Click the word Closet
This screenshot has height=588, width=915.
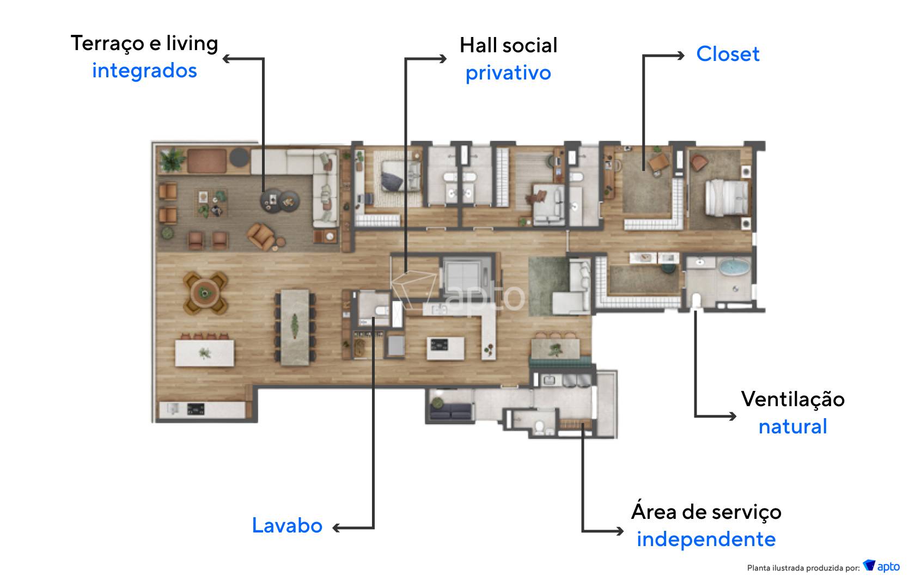pyautogui.click(x=728, y=54)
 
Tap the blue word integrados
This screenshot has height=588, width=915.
pyautogui.click(x=145, y=71)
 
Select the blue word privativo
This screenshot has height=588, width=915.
pyautogui.click(x=508, y=73)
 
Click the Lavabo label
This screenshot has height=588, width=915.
pyautogui.click(x=287, y=525)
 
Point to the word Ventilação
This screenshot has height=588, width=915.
pyautogui.click(x=793, y=400)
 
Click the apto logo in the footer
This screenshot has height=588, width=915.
pyautogui.click(x=881, y=566)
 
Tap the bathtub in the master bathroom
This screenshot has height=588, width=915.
pyautogui.click(x=734, y=267)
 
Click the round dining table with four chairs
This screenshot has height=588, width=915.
pyautogui.click(x=205, y=292)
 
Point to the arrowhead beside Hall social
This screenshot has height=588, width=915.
pyautogui.click(x=443, y=59)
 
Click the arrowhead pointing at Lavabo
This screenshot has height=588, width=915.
pyautogui.click(x=337, y=528)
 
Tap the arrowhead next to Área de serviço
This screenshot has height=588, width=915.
pyautogui.click(x=620, y=531)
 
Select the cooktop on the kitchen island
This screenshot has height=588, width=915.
pyautogui.click(x=439, y=345)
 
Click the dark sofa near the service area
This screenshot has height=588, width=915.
pyautogui.click(x=450, y=411)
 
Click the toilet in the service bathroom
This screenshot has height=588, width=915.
pyautogui.click(x=540, y=427)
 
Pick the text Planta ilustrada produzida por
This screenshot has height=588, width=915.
pyautogui.click(x=803, y=568)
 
